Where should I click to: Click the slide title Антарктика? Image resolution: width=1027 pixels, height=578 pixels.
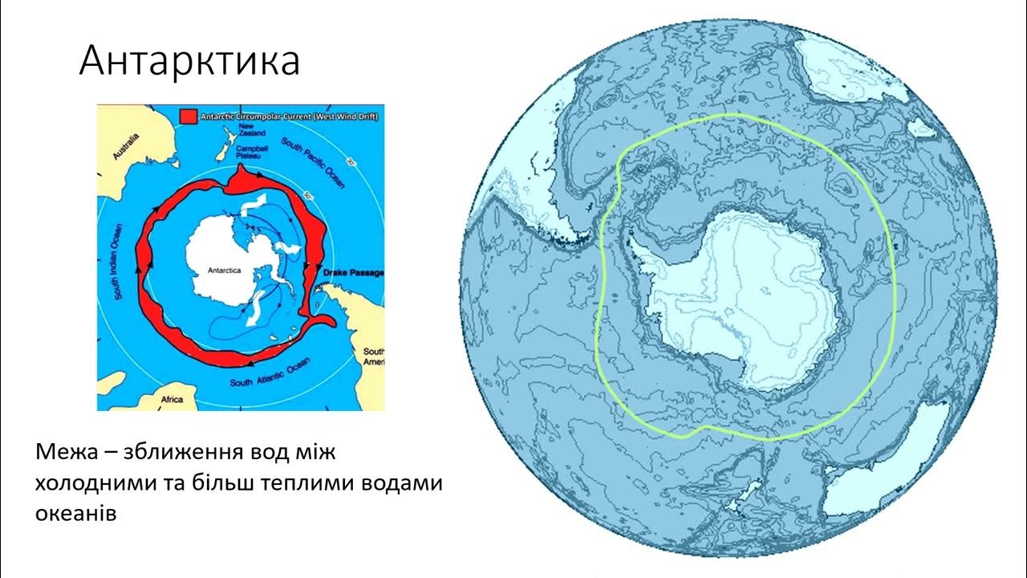coord(189,61)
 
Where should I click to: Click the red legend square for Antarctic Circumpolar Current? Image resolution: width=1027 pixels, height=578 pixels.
coord(188,116)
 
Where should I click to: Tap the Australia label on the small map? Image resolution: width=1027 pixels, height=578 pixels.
coord(127,148)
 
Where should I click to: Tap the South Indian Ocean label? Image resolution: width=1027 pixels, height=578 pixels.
coord(118,262)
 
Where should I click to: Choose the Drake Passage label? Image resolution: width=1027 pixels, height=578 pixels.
coord(352,273)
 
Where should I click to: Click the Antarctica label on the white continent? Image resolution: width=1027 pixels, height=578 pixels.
coord(224,271)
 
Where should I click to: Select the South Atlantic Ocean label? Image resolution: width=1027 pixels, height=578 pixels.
coord(270,373)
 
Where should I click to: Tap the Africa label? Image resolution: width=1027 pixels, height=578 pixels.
coord(173,399)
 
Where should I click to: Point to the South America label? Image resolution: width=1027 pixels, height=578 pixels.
coord(374,357)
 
